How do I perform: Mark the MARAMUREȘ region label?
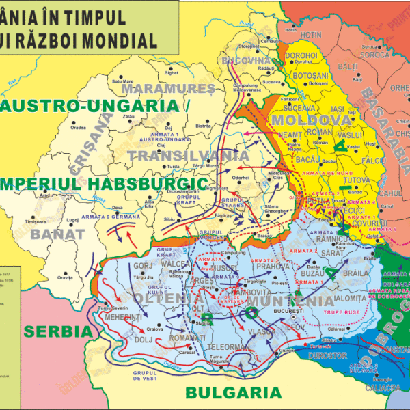[x=160, y=89]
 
